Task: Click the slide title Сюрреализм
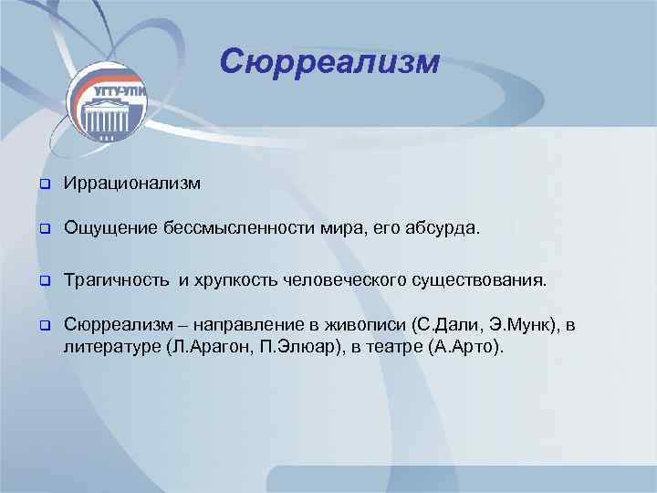click(x=329, y=62)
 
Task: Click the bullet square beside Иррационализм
click(x=42, y=184)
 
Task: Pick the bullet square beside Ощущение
click(x=42, y=227)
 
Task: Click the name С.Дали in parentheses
click(x=445, y=326)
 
